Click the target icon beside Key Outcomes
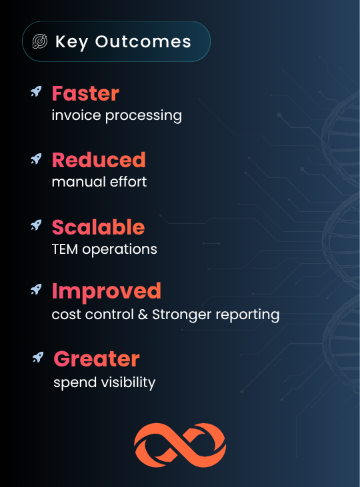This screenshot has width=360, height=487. click(x=40, y=41)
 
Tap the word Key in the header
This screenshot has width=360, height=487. click(x=72, y=42)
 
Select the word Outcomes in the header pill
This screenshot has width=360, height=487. click(x=143, y=41)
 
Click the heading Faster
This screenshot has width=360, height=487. click(x=85, y=93)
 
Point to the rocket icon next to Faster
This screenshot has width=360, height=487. click(x=36, y=92)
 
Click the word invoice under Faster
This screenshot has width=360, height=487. click(x=77, y=115)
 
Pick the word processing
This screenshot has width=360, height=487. click(x=143, y=116)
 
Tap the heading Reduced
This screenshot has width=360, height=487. click(x=99, y=160)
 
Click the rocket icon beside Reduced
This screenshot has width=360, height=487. click(x=36, y=159)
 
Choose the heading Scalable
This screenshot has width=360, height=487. click(x=98, y=227)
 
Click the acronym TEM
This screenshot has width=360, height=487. click(x=65, y=249)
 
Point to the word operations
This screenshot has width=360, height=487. click(x=120, y=249)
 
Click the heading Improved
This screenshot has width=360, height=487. click(x=106, y=291)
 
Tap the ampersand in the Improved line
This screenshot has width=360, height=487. click(x=143, y=314)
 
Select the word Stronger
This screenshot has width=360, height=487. click(x=182, y=315)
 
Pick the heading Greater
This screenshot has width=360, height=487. click(x=97, y=358)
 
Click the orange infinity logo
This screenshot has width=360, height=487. click(x=180, y=445)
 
